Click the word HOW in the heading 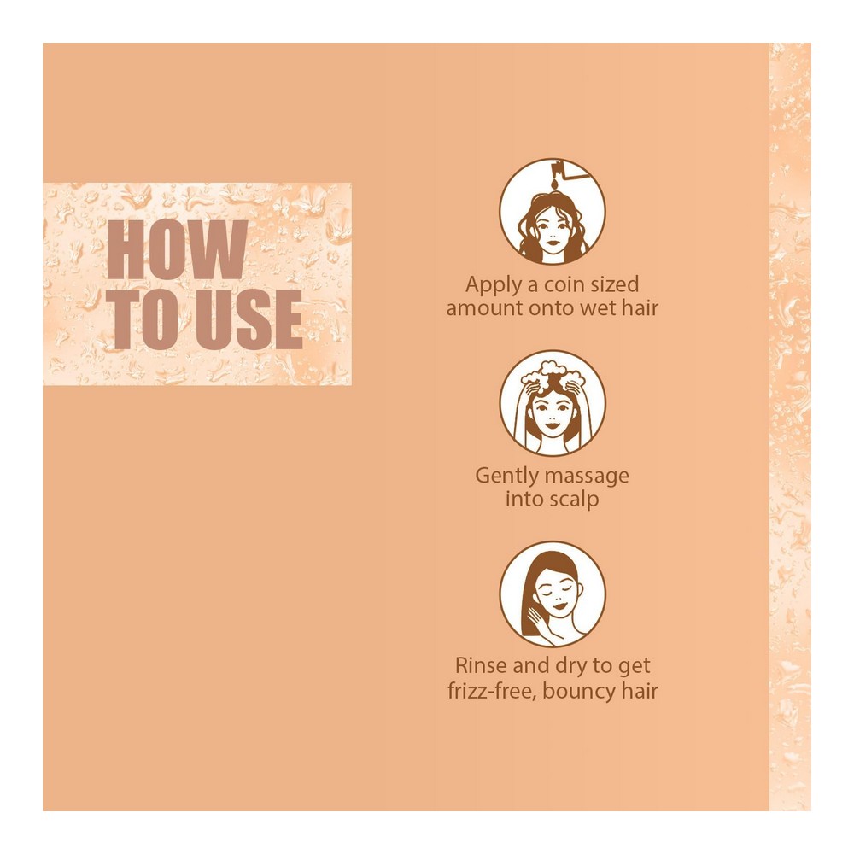click(x=178, y=250)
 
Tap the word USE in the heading click(x=249, y=319)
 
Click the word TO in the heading click(x=147, y=319)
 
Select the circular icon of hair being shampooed click(x=553, y=403)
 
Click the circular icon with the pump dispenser click(x=553, y=211)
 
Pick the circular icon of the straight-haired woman click(x=553, y=594)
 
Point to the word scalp click(x=574, y=500)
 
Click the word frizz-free click(x=492, y=691)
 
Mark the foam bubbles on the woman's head click(x=552, y=372)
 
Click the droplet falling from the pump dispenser click(x=554, y=184)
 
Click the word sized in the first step click(x=615, y=284)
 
